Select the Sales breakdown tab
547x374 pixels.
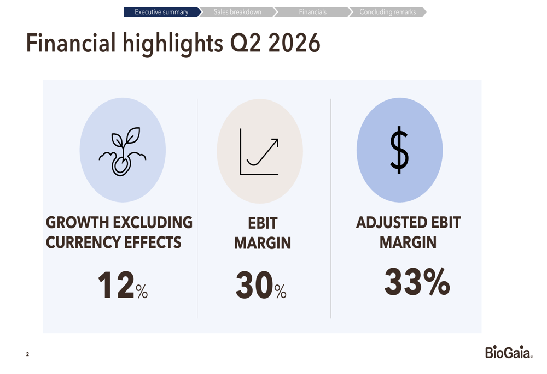tap(237, 12)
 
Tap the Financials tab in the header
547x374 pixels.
tap(312, 12)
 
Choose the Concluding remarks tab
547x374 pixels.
tap(388, 12)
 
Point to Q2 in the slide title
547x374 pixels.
tap(245, 44)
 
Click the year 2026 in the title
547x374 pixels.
tap(294, 43)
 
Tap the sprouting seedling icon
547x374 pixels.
tap(123, 151)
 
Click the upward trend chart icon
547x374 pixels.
tap(259, 151)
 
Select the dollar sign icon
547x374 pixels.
tap(399, 150)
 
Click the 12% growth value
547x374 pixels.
tap(123, 285)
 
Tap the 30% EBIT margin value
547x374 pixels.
tap(261, 285)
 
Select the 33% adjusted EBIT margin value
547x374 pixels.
tap(417, 282)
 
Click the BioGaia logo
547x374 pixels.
tap(509, 352)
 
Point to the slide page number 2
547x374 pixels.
tap(27, 354)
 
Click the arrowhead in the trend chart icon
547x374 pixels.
tap(275, 143)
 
